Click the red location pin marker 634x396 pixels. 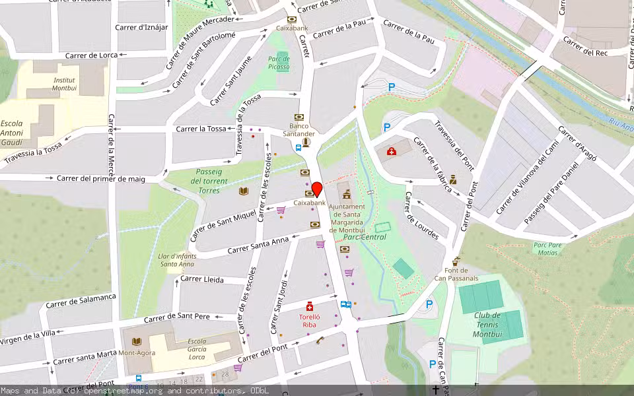click(316, 189)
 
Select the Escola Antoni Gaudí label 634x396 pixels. click(12, 133)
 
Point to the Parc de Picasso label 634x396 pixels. click(279, 63)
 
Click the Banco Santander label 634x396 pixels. click(299, 129)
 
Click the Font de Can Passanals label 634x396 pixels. click(456, 274)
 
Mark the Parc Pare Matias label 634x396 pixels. click(547, 248)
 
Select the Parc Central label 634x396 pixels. click(365, 236)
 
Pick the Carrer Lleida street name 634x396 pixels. click(202, 279)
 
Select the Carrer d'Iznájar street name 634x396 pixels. click(141, 27)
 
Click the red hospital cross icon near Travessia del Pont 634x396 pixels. click(392, 152)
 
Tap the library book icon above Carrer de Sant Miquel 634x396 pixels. click(244, 191)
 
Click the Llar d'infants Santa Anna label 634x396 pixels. click(177, 259)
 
